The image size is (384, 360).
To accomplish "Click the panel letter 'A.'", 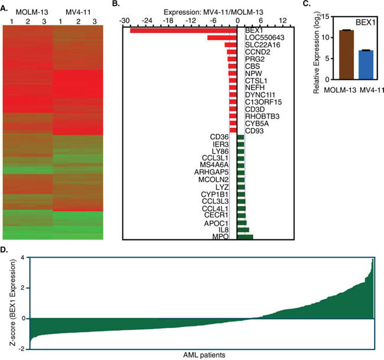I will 6,7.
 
